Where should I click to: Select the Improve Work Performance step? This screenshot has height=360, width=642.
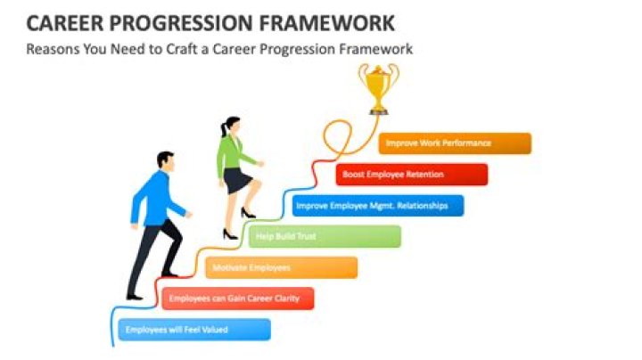[x=455, y=143]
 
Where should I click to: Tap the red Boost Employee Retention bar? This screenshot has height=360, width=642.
[x=412, y=175]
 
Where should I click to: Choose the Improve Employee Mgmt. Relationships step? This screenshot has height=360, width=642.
[x=378, y=206]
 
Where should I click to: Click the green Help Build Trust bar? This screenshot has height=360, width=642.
[x=325, y=236]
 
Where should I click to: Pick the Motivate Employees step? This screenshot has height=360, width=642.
[x=281, y=267]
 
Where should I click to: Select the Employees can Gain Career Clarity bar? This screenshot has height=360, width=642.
[x=237, y=299]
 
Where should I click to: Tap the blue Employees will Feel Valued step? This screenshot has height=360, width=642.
[x=193, y=330]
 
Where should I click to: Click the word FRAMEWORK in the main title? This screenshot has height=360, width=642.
[x=325, y=22]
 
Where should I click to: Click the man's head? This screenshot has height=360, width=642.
[x=165, y=160]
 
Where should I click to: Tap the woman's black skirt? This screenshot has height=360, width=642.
[x=237, y=181]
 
